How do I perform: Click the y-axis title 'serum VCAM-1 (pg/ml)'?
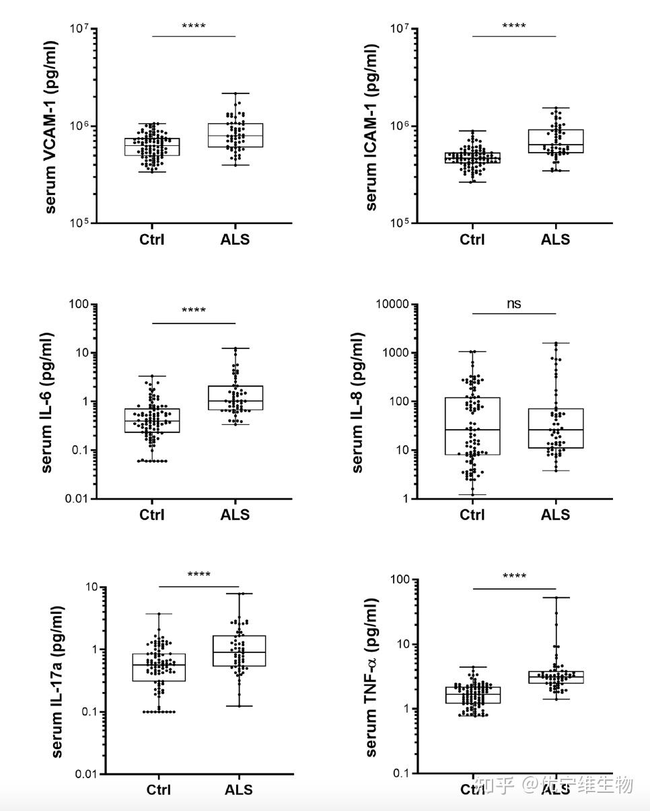[52, 127]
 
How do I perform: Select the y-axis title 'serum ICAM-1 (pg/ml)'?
[371, 127]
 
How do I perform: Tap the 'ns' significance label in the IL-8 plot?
[513, 303]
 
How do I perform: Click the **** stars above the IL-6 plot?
[194, 311]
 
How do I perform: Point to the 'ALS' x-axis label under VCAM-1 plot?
[235, 239]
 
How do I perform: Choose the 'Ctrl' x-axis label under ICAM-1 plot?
[472, 239]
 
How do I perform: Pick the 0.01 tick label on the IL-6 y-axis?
[77, 499]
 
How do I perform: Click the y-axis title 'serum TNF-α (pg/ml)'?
[371, 677]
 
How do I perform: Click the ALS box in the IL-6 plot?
[235, 397]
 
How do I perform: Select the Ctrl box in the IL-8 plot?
[472, 426]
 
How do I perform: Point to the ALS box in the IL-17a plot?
[239, 650]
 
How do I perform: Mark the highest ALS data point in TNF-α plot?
[556, 597]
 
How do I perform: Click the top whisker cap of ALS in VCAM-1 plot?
[235, 93]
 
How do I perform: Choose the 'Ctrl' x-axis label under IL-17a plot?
[159, 789]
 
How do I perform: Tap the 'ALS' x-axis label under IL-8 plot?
[555, 515]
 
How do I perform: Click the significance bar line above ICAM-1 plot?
[514, 36]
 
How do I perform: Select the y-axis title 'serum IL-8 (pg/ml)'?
[358, 402]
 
